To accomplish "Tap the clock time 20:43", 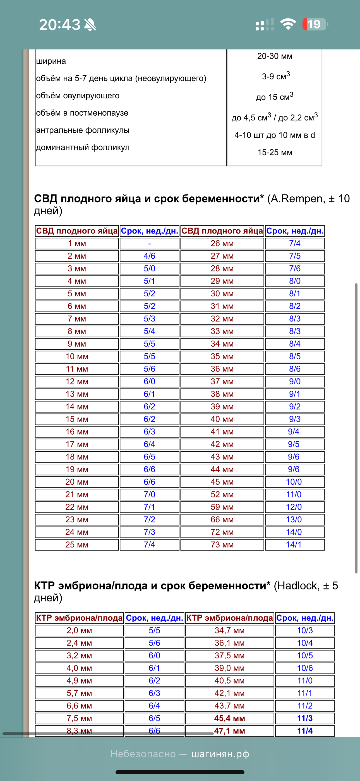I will pos(60,25).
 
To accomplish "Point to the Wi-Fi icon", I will pos(288,24).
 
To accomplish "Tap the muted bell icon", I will pos(90,25).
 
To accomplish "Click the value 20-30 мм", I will pos(275,56).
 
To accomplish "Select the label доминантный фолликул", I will pos(83,148).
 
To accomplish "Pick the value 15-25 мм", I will pos(275,153).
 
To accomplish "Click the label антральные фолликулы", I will pos(83,130).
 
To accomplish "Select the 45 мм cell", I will pos(222,482).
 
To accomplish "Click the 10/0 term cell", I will pos(294,482).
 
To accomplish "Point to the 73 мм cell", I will pos(222,545).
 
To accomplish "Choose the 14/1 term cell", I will pos(294,545).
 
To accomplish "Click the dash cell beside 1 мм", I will pos(149,244).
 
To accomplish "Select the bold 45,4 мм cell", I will pos(229,718).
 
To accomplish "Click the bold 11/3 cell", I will pos(305,718).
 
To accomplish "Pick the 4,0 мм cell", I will pos(79,668).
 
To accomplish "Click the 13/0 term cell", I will pos(294,520).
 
